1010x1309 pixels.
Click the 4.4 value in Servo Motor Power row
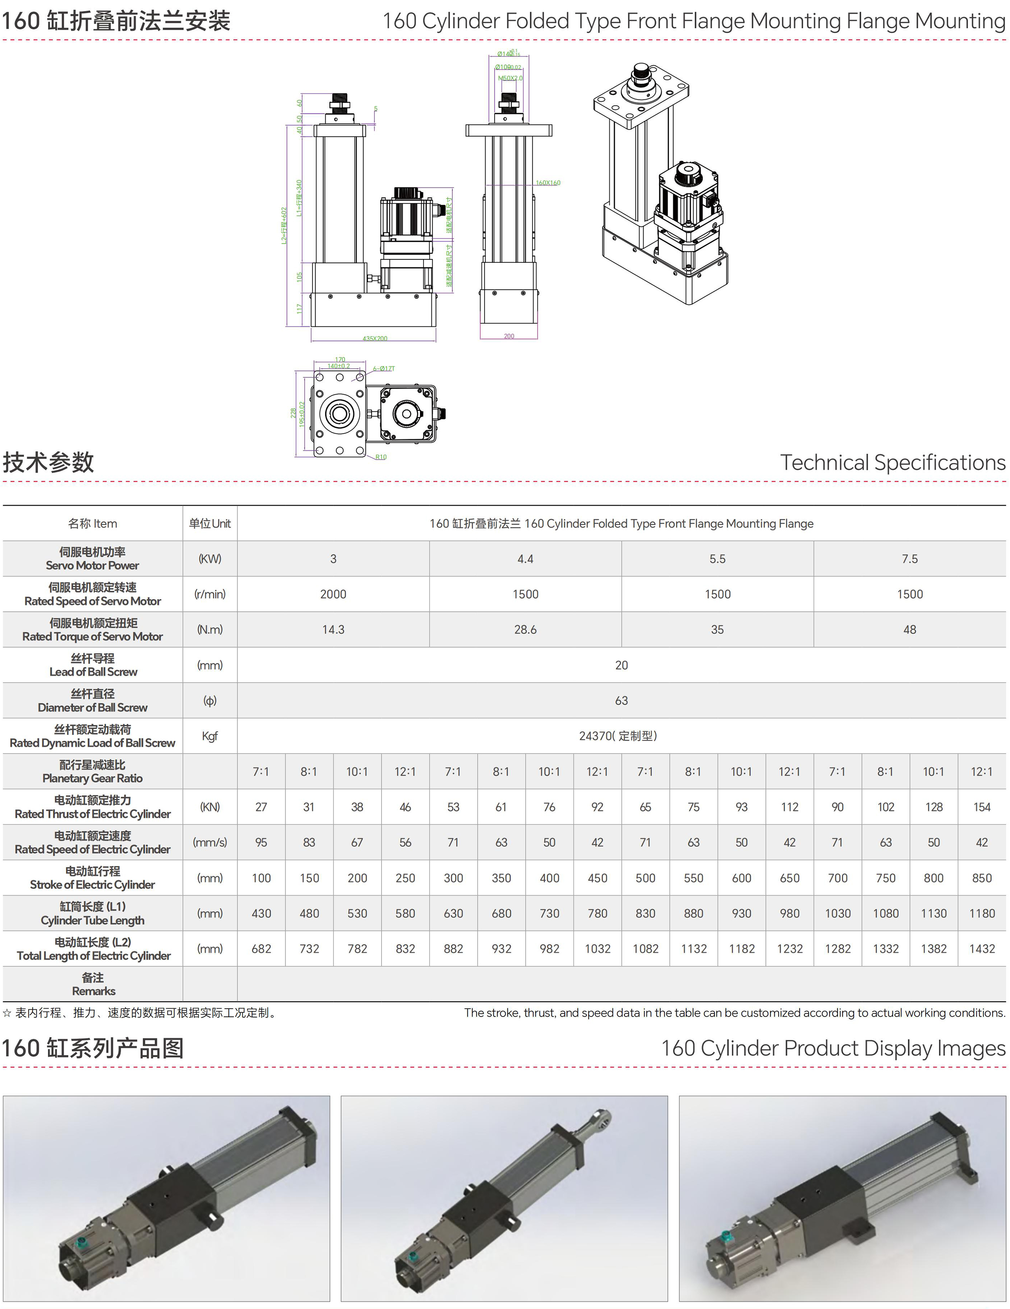coord(525,559)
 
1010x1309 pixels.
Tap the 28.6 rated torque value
coord(525,629)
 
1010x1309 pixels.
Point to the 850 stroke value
coord(981,878)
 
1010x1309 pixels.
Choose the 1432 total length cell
coord(981,949)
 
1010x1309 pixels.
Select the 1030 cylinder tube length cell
coord(837,913)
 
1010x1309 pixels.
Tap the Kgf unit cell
coord(210,736)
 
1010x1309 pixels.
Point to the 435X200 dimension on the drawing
coord(375,339)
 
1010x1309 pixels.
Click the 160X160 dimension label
coord(548,183)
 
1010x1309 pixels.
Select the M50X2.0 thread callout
coord(510,78)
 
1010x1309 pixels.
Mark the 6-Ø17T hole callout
coord(384,369)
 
